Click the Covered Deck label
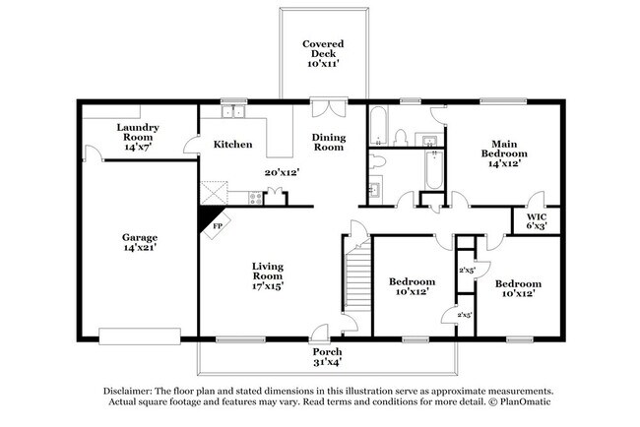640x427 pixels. [x=322, y=53]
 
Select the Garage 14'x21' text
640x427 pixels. [x=139, y=243]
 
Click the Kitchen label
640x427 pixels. [x=232, y=145]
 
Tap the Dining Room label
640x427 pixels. [x=328, y=142]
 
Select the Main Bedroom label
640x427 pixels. [x=503, y=153]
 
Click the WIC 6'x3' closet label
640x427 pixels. [x=537, y=221]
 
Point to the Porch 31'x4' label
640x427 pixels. [x=326, y=356]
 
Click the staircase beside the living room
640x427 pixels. [x=355, y=275]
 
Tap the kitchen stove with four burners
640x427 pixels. [x=255, y=198]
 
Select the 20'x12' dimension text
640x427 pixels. [x=282, y=172]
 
